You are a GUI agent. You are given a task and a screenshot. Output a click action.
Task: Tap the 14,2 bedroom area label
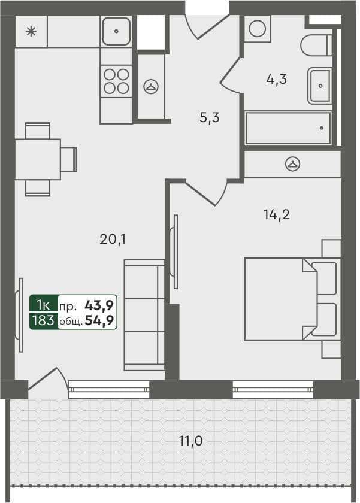point(276,214)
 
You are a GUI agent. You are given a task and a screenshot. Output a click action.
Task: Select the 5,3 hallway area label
point(210,117)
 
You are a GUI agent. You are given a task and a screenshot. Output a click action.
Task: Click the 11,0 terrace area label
point(190,442)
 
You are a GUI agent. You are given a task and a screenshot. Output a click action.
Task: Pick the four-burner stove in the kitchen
point(116,81)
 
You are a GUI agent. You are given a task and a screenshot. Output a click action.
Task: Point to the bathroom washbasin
point(320,86)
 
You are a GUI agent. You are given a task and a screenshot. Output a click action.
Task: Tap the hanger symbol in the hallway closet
point(149,86)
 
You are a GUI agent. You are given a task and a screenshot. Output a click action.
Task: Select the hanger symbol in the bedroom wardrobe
point(292,163)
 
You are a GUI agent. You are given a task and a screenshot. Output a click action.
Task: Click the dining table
point(38,159)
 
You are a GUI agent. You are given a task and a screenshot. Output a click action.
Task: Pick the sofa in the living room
point(144,315)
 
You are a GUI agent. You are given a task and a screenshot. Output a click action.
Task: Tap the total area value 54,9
point(101,320)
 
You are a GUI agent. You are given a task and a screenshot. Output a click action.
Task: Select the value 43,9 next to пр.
point(101,305)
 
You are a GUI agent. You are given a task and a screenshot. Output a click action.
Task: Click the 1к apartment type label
point(43,305)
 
